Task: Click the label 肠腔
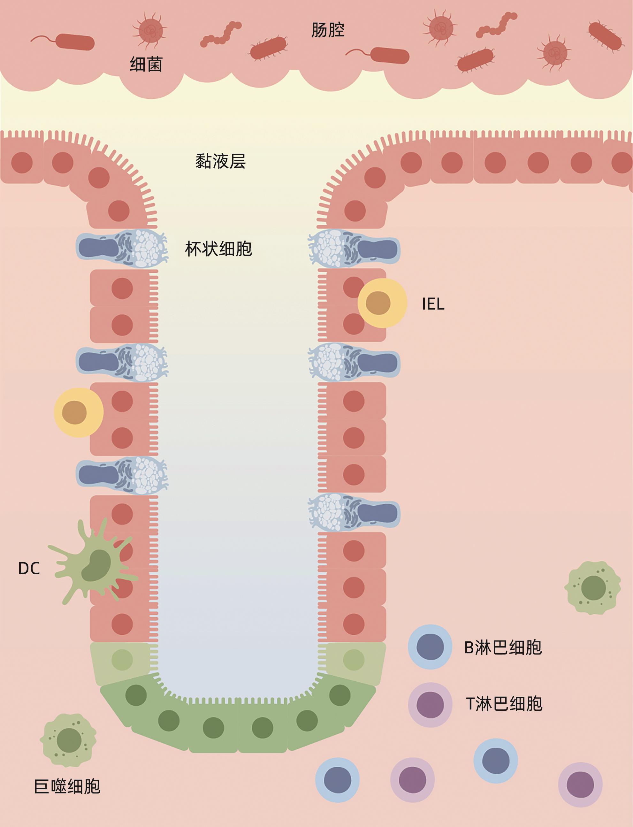click(x=327, y=30)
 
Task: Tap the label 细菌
click(x=146, y=65)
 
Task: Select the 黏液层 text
click(x=220, y=162)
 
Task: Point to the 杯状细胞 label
click(x=218, y=249)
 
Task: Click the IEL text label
click(x=433, y=304)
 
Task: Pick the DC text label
click(x=29, y=569)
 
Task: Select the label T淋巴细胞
click(x=504, y=704)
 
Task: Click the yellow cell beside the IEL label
click(x=382, y=303)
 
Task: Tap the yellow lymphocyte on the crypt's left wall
click(x=78, y=413)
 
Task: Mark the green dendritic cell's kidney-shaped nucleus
click(x=96, y=565)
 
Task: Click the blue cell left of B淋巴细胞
click(x=430, y=647)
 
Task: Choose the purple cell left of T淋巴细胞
click(x=430, y=705)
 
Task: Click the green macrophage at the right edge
click(x=593, y=588)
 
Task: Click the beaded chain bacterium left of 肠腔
click(x=221, y=35)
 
